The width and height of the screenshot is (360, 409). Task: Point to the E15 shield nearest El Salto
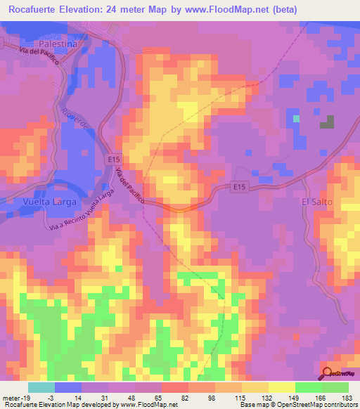[x=240, y=187]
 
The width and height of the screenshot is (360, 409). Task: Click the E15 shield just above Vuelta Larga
[x=115, y=161]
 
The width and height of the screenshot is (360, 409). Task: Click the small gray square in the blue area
[x=327, y=122]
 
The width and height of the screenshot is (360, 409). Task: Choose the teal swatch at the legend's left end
[x=41, y=387]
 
